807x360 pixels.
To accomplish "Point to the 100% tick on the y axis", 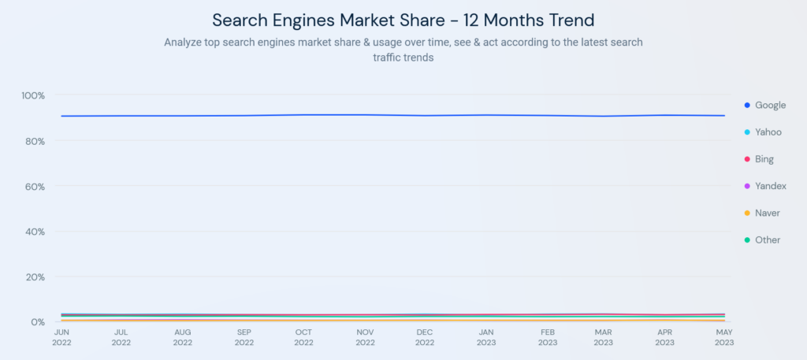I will tap(33, 95).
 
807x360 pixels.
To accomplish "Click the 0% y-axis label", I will tap(38, 322).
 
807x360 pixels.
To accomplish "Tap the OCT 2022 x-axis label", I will tap(303, 337).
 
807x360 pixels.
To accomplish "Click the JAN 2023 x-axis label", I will tap(486, 337).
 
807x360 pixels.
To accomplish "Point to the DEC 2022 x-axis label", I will tap(425, 337).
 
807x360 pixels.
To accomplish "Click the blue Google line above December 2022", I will tap(425, 116).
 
